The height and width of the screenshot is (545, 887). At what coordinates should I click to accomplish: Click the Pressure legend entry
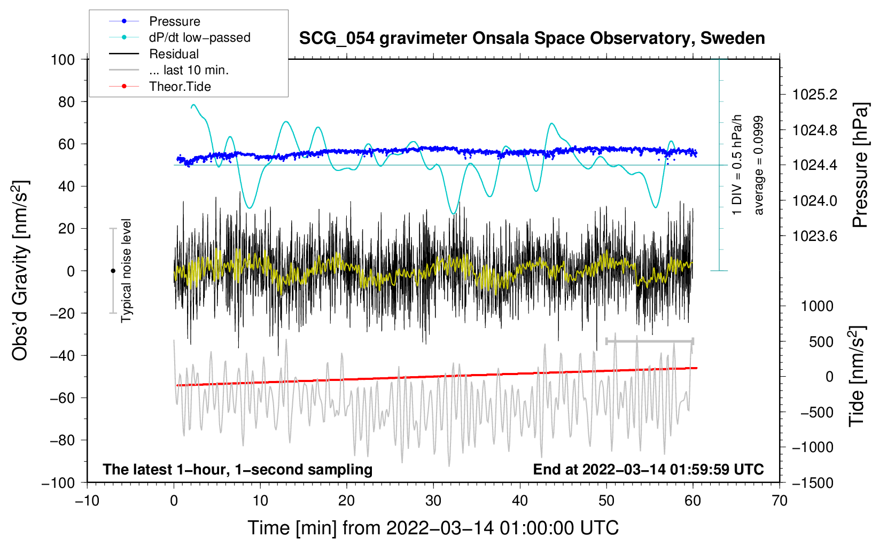tap(174, 21)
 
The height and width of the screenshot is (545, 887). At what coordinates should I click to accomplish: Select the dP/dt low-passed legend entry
tap(199, 37)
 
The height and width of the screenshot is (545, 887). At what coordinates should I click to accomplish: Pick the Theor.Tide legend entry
tap(180, 87)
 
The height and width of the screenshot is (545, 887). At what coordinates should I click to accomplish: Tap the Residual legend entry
tap(174, 54)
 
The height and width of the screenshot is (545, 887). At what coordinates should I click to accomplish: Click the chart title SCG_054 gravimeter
tap(532, 38)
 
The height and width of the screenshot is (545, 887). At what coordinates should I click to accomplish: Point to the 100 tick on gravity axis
tap(63, 59)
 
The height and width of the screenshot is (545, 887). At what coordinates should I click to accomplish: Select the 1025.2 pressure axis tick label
tap(815, 95)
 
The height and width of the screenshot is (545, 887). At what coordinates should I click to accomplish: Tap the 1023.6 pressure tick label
tap(815, 236)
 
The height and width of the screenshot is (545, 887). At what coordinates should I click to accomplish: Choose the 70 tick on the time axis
tap(780, 501)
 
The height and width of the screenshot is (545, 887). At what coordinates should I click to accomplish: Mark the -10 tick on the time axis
tap(87, 501)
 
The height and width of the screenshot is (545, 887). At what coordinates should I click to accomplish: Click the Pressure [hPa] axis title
tap(860, 166)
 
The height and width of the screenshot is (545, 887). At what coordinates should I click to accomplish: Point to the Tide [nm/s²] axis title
tap(857, 377)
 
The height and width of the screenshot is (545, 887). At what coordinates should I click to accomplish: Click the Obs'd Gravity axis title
tap(20, 271)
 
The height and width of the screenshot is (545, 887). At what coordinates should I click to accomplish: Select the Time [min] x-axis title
tap(433, 528)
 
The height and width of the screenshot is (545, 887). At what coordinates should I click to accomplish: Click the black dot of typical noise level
tap(113, 271)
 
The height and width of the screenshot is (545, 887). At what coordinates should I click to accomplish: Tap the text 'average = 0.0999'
tap(759, 166)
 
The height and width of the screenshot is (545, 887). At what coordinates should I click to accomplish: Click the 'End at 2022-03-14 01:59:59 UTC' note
tap(648, 470)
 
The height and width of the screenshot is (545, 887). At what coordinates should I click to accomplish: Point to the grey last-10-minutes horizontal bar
tap(649, 341)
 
